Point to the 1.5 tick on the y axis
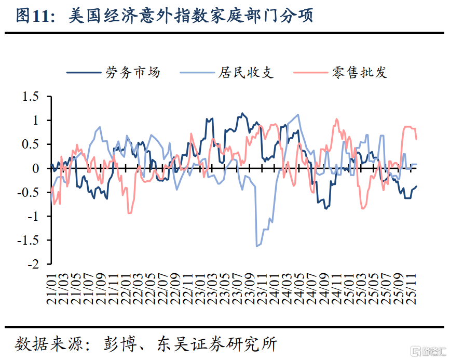click(31, 97)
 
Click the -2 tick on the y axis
click(32, 264)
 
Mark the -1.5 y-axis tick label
click(28, 240)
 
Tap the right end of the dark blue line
click(416, 186)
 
